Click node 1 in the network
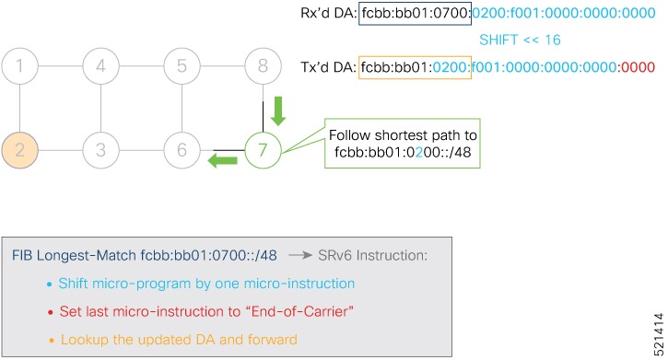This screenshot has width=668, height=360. pos(20,67)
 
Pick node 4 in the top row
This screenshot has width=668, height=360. pos(101,67)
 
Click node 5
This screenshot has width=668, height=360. pos(182,67)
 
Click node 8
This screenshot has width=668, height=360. pos(263,67)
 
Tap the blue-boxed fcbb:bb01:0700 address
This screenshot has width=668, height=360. pos(416,15)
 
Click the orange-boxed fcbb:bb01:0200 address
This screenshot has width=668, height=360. pos(416,67)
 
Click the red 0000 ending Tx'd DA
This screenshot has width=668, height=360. pos(636,67)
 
